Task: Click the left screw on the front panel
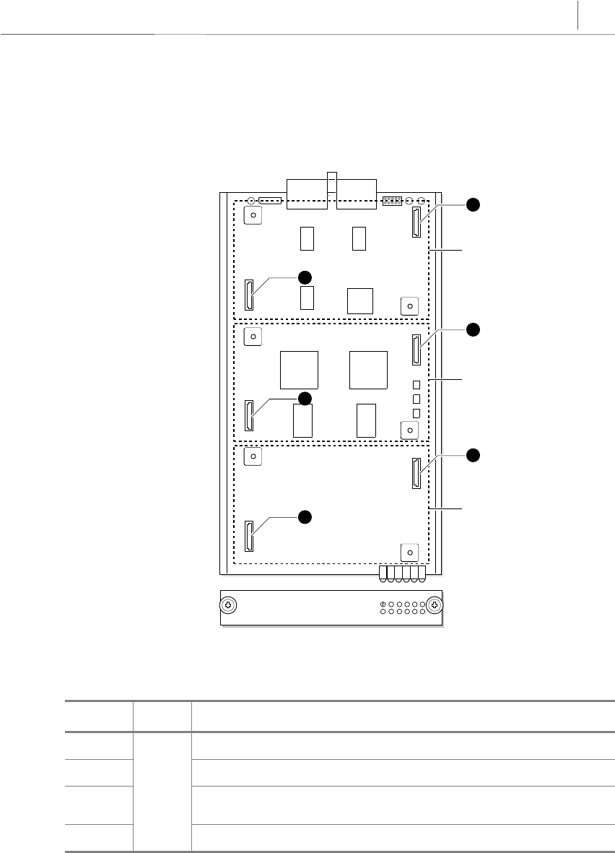pos(229,605)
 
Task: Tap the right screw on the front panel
pos(434,605)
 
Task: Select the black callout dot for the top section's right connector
pos(472,204)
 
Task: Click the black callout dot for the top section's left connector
pos(305,277)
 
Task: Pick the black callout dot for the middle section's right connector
pos(472,329)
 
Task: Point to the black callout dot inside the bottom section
pos(305,516)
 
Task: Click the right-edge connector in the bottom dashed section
pos(416,475)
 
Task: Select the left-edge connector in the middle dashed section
pos(249,416)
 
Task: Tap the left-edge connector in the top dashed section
pos(249,295)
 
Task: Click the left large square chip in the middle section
pos(298,370)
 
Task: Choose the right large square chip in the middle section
pos(367,370)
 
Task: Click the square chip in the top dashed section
pos(359,300)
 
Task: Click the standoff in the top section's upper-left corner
pos(253,215)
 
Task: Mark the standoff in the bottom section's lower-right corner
pos(409,553)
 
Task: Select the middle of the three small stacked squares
pos(416,398)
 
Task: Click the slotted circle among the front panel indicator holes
pos(381,603)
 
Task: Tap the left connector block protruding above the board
pos(307,193)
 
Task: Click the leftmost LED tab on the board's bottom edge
pos(383,574)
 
